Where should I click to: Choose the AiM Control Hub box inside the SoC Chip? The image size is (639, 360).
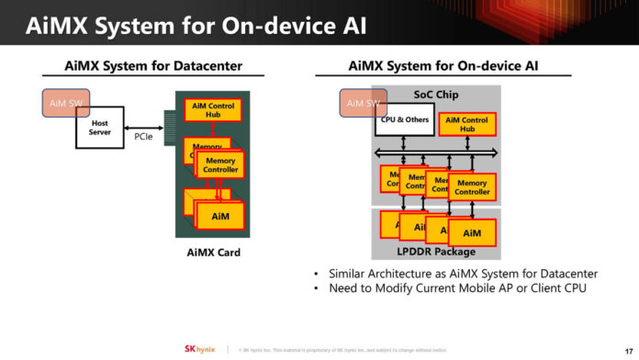pos(467,124)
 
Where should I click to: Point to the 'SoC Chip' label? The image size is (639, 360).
pos(436,96)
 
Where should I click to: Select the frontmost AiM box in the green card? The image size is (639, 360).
pos(220,216)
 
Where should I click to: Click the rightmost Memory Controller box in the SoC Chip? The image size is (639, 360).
pos(472,187)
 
